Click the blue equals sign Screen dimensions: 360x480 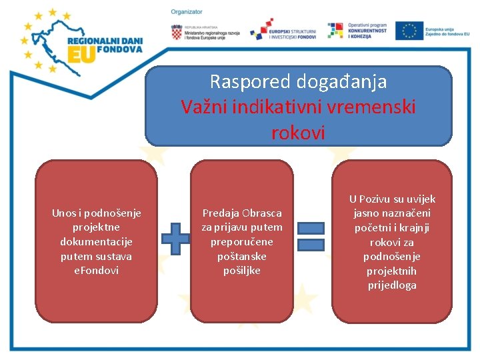pyautogui.click(x=311, y=237)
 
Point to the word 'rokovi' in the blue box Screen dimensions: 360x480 pyautogui.click(x=298, y=132)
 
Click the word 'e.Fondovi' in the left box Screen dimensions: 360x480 pyautogui.click(x=96, y=271)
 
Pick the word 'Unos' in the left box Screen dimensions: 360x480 pyautogui.click(x=65, y=213)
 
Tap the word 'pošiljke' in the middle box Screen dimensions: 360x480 pyautogui.click(x=241, y=271)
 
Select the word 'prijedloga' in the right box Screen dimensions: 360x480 pyautogui.click(x=392, y=285)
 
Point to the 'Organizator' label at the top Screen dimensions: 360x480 pyautogui.click(x=187, y=12)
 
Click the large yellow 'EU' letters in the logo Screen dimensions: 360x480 pyautogui.click(x=81, y=55)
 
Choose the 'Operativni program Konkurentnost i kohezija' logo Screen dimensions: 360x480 pyautogui.click(x=359, y=30)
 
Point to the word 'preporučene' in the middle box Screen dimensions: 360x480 pyautogui.click(x=241, y=242)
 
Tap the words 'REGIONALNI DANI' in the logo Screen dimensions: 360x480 pyautogui.click(x=105, y=39)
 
